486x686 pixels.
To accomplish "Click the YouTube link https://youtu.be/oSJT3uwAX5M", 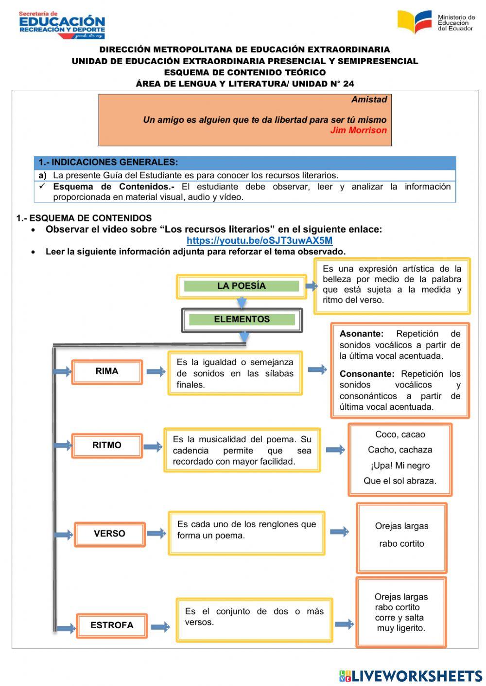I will (260, 240).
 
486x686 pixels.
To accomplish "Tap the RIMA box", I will (107, 372).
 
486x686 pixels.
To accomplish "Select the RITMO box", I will (107, 446).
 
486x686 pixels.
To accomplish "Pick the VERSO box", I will (109, 534).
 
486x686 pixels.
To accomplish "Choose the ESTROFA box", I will (112, 625).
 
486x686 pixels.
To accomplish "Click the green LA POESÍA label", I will (241, 286).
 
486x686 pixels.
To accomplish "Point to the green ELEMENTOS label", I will (242, 319).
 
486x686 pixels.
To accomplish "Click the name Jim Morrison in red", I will (358, 130).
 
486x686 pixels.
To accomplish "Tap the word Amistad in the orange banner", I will (369, 100).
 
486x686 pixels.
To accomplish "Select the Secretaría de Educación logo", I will (62, 25).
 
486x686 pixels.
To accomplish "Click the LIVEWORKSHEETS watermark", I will (411, 676).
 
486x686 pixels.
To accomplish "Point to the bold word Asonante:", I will (361, 334).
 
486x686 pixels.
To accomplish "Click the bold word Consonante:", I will (367, 374).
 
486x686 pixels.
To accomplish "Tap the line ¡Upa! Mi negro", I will (400, 466).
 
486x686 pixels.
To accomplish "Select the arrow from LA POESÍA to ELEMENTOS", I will (242, 302).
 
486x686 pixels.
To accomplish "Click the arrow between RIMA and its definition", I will (156, 372).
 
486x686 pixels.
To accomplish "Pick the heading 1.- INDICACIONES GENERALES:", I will (108, 162).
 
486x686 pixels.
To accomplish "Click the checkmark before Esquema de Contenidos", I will (42, 186).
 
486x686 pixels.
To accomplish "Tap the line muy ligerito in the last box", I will (401, 628).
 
